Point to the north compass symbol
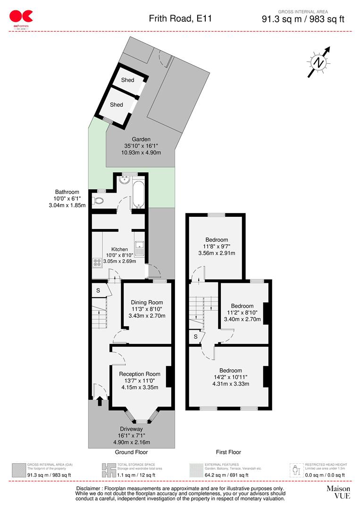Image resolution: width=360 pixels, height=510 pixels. (319, 62)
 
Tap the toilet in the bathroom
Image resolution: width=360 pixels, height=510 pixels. (99, 201)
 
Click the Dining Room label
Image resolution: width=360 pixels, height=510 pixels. (147, 303)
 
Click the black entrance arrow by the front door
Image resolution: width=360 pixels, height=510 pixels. (100, 401)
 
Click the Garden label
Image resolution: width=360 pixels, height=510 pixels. (141, 139)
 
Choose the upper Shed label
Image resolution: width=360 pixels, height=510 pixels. (127, 80)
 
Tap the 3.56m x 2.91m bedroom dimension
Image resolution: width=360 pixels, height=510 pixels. (217, 253)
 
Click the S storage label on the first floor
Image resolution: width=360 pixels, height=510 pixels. (195, 337)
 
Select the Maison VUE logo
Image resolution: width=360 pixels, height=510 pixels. (338, 492)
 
